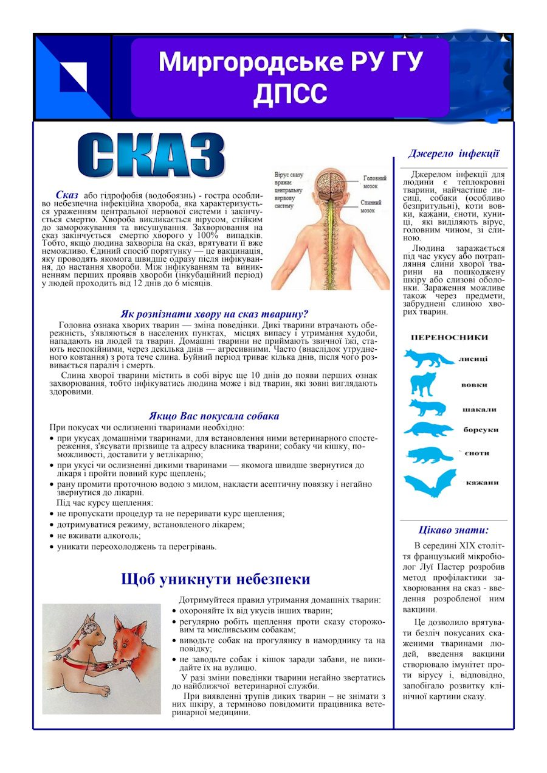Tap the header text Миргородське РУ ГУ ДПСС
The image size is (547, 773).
point(291,77)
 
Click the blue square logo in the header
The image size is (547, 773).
point(73,77)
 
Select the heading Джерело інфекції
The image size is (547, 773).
point(453,153)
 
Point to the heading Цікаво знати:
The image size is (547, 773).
point(453,530)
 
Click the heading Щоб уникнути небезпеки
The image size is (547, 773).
point(216,579)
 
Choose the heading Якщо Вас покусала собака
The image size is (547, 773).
point(214,416)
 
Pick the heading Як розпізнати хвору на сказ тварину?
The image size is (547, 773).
point(214,314)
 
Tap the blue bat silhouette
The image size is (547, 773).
point(429,483)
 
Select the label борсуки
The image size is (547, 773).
point(481,430)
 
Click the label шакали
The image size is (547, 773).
point(479,410)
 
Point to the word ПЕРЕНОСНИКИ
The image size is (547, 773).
point(449,337)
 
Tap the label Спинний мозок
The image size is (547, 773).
point(371,206)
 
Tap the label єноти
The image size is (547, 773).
point(478,453)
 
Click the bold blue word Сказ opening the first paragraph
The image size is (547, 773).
point(67,195)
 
